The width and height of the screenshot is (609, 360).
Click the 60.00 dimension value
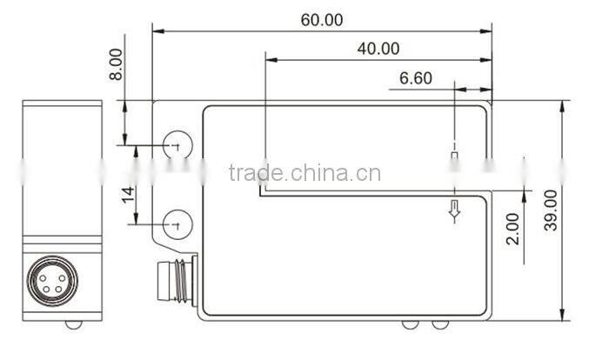point(322,19)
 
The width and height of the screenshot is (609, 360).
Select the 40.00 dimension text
point(378,49)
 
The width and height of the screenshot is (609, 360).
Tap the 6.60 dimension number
point(415,78)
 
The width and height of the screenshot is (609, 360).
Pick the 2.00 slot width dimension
point(512,228)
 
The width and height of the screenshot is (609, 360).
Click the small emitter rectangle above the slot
point(453,157)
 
